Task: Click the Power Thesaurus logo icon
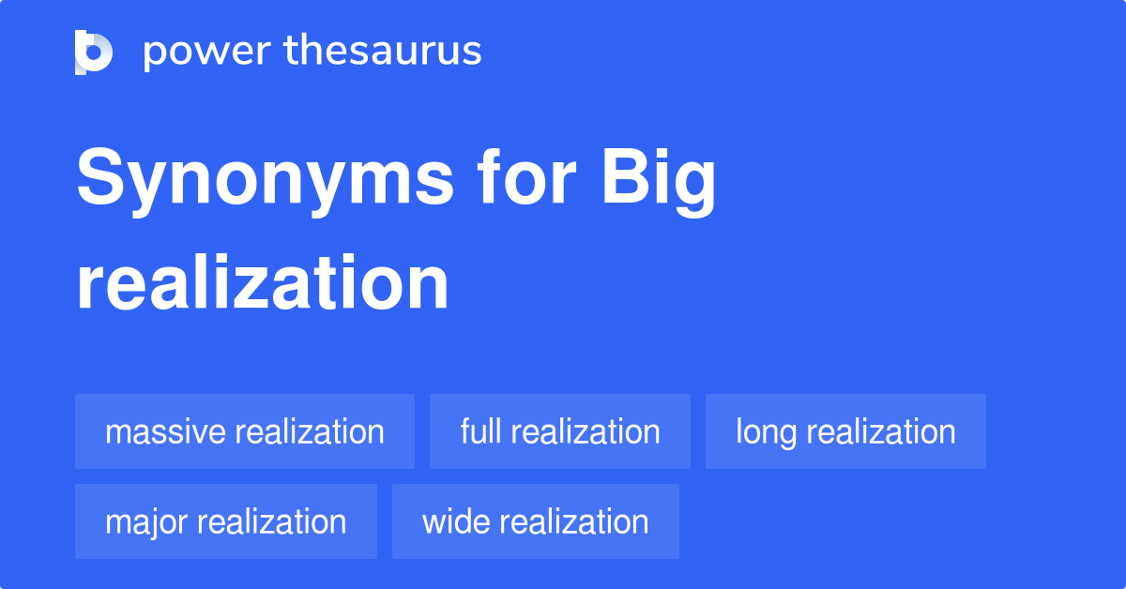pyautogui.click(x=94, y=52)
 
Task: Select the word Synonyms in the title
pyautogui.click(x=264, y=180)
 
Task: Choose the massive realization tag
pyautogui.click(x=245, y=431)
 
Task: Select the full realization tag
pyautogui.click(x=560, y=431)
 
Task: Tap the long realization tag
pyautogui.click(x=845, y=431)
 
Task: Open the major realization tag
pyautogui.click(x=226, y=521)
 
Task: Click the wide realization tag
pyautogui.click(x=536, y=521)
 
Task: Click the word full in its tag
pyautogui.click(x=480, y=431)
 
